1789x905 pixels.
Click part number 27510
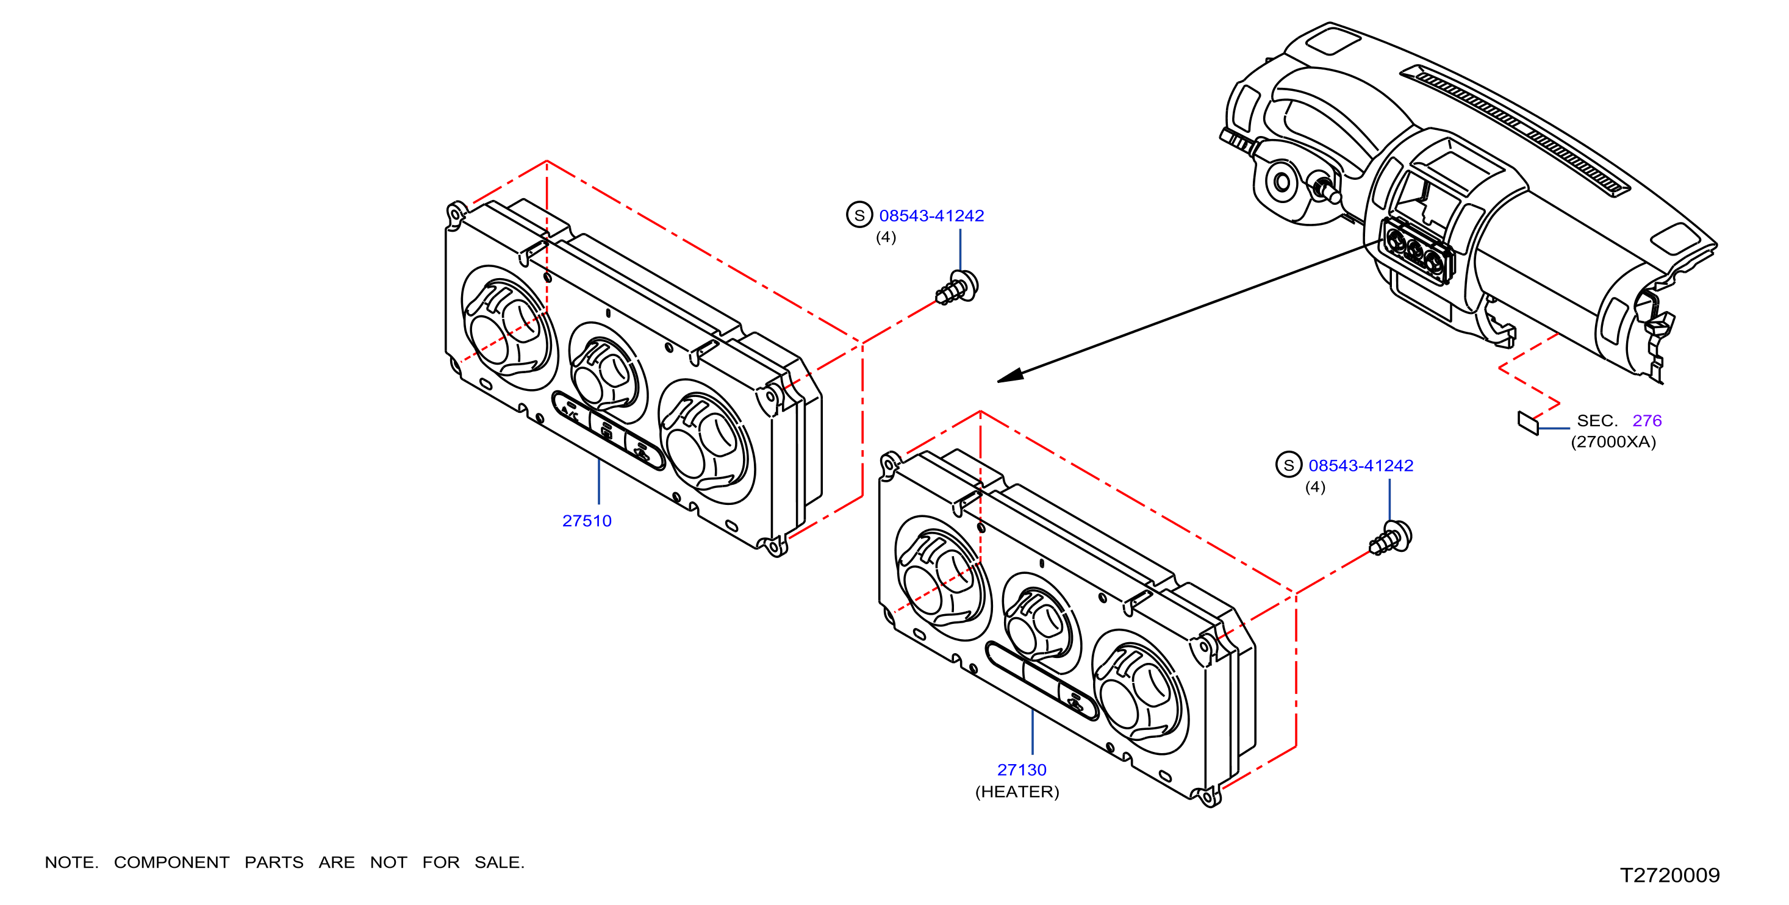point(587,521)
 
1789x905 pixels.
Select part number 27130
point(1022,770)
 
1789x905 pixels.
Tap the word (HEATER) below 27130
point(1017,792)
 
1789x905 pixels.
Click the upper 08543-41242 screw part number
point(931,216)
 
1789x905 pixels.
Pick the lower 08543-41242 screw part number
point(1360,465)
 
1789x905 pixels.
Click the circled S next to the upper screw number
point(859,215)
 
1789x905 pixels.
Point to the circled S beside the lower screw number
point(1288,465)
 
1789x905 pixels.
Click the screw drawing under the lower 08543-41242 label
point(1390,538)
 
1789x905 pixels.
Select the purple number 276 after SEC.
point(1647,420)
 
